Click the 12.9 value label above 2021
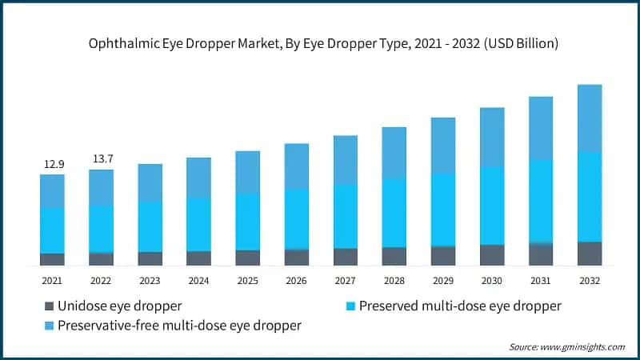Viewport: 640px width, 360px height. [x=54, y=164]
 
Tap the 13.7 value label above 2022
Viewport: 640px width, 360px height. [x=102, y=159]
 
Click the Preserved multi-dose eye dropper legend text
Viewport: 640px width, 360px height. [x=460, y=306]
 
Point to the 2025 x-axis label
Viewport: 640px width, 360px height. [x=247, y=281]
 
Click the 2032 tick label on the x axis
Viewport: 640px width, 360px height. [x=589, y=281]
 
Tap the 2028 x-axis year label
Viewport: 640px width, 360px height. [x=394, y=281]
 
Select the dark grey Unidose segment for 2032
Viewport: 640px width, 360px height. [x=589, y=253]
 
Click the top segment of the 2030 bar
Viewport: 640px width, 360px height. [x=491, y=137]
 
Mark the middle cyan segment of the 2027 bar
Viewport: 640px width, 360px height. [x=345, y=216]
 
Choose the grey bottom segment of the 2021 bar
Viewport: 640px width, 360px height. [x=53, y=258]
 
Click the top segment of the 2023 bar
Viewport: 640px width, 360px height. [x=150, y=182]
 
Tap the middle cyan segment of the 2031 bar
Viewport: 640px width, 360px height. [x=540, y=201]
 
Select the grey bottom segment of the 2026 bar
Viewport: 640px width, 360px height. [x=296, y=256]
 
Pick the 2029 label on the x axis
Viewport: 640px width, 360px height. [x=442, y=281]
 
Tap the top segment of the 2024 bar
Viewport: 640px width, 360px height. [x=198, y=178]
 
